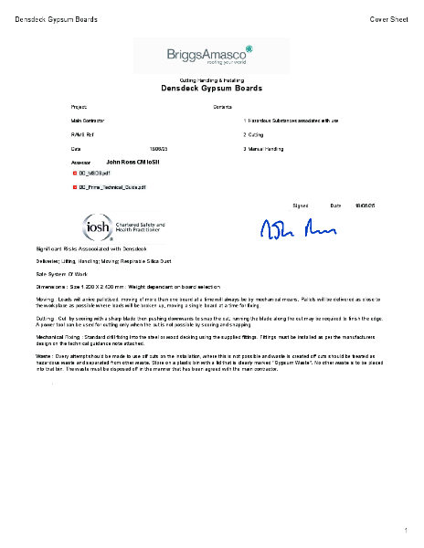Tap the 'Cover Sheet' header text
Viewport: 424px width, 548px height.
point(388,19)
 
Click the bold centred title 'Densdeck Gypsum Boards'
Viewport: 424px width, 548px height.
point(211,89)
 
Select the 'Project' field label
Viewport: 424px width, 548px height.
point(79,107)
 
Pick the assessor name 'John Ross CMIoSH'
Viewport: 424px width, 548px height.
point(132,161)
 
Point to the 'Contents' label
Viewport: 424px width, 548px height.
point(222,107)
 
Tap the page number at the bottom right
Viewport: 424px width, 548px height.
point(405,530)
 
